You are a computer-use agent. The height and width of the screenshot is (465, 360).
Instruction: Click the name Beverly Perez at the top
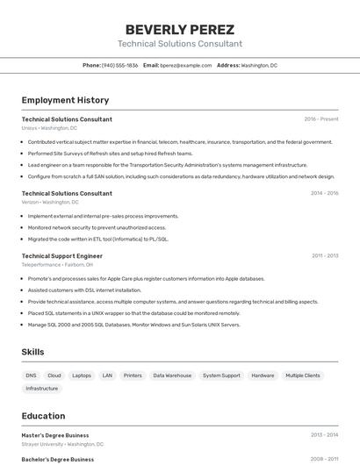point(180,28)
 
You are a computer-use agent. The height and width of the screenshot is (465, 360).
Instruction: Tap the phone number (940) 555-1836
point(119,65)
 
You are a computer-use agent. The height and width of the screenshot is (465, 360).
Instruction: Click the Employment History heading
point(65,100)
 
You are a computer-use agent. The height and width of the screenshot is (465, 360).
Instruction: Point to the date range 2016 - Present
point(320,118)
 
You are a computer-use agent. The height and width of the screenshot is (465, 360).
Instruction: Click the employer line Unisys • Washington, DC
point(50,128)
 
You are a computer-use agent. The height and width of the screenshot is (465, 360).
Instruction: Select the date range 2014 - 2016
point(324,193)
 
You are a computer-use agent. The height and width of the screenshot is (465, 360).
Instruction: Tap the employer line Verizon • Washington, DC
point(50,202)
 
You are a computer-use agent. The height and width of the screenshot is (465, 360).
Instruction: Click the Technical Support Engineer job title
point(62,255)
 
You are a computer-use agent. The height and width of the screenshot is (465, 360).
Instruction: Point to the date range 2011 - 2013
point(324,255)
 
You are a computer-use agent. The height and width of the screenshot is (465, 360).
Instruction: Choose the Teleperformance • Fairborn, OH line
point(57,264)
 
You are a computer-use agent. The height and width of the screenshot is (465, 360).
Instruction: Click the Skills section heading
point(33,352)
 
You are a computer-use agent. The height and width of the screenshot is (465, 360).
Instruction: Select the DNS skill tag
point(32,376)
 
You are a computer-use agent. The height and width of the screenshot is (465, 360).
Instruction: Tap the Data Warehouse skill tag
point(172,376)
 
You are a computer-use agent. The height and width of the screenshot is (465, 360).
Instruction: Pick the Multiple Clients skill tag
point(303,376)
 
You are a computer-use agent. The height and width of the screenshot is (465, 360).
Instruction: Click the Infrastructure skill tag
point(42,388)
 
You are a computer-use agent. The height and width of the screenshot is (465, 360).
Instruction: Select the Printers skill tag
point(133,376)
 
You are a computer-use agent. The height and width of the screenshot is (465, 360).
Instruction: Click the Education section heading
point(43,416)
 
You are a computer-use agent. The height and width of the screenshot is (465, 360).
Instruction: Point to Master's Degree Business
point(55,434)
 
